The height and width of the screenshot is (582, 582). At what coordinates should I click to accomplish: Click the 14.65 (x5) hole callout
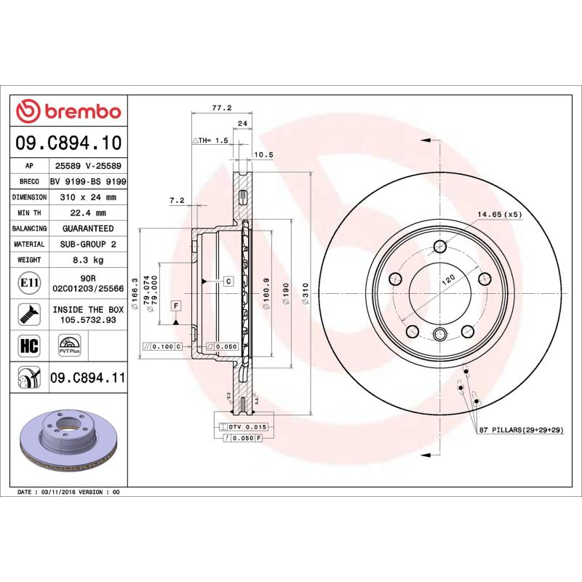click(x=500, y=214)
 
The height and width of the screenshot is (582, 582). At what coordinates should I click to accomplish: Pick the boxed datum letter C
click(x=228, y=281)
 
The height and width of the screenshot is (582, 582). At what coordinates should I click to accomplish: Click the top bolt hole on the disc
click(x=439, y=245)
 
